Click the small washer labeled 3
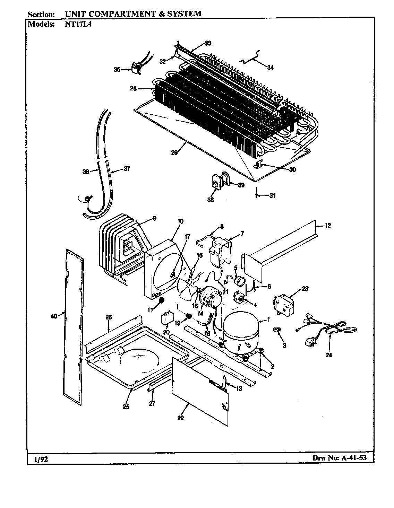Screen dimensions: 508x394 277,329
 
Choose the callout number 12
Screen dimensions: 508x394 327,226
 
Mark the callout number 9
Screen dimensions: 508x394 154,218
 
